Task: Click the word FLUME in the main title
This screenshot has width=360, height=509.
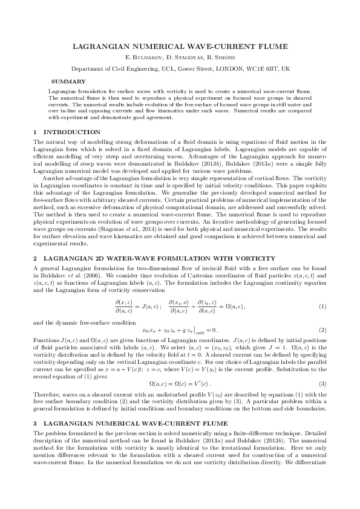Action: pos(272,47)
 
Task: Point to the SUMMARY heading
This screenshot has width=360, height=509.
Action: pos(68,81)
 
